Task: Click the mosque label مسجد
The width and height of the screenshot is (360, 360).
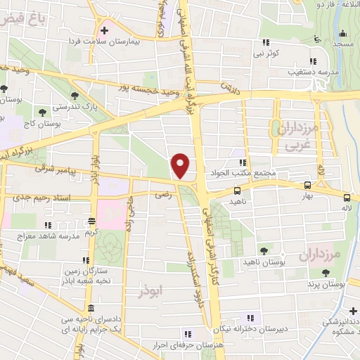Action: click(343, 44)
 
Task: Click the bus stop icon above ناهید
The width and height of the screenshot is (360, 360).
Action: click(237, 190)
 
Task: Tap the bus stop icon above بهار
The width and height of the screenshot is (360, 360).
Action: click(307, 185)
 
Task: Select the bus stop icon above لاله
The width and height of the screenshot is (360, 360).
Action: click(347, 197)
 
